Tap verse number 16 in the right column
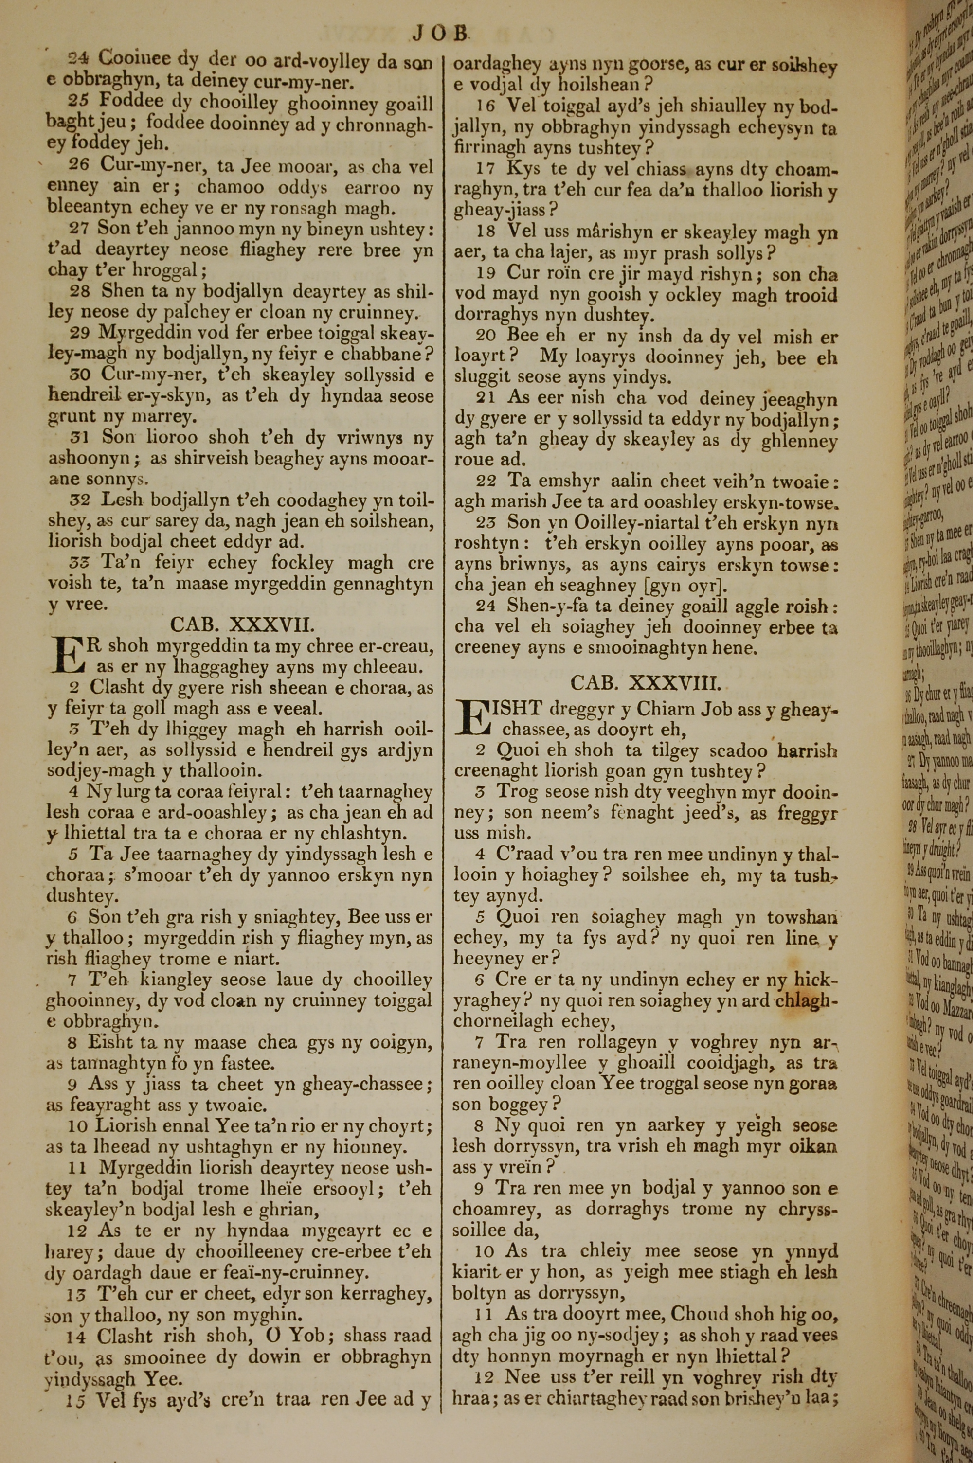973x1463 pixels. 486,106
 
